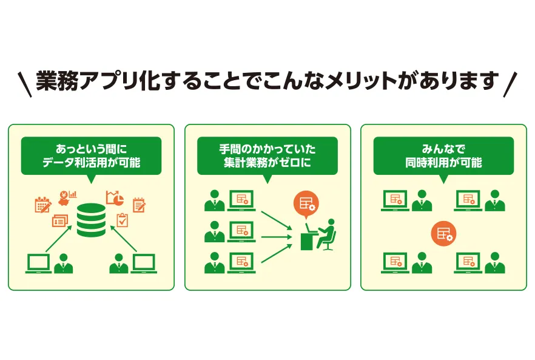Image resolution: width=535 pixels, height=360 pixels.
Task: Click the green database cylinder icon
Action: (91, 220)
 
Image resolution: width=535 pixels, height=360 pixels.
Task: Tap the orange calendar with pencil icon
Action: (42, 205)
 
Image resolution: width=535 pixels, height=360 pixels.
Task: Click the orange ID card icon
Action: (59, 221)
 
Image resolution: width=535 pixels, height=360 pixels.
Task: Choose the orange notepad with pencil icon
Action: (139, 205)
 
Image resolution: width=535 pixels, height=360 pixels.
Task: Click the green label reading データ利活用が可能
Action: (91, 163)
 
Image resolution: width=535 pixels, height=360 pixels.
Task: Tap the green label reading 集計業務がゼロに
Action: (267, 163)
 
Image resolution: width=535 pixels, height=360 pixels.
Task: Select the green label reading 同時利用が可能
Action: (443, 163)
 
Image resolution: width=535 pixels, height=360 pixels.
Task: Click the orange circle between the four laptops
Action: (443, 233)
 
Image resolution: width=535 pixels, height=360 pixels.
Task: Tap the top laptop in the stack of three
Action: (241, 200)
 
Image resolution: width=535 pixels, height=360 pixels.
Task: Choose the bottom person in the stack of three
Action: (214, 262)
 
